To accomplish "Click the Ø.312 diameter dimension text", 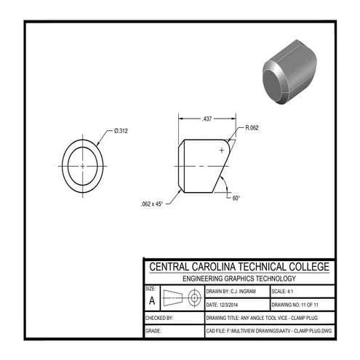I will pos(121,130).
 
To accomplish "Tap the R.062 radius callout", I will pos(252,128).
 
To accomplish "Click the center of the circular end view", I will pos(83,166).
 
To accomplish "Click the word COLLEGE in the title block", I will pos(300,267).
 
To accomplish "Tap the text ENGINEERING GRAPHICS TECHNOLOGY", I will pos(239,279).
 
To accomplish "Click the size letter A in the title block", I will pos(151,300).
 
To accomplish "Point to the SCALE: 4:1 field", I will pos(289,290).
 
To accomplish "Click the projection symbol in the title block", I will pos(182,298).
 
